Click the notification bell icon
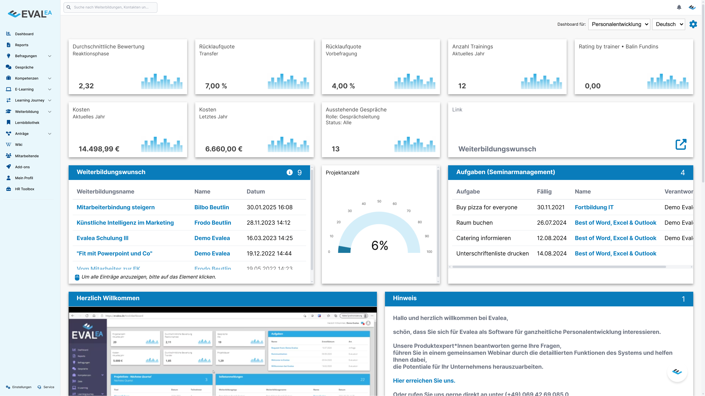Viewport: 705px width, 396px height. click(679, 7)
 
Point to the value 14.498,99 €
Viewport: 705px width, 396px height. click(99, 149)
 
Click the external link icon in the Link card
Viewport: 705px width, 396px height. click(681, 144)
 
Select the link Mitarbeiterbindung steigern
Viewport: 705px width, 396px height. click(116, 207)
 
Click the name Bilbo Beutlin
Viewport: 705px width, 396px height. click(212, 207)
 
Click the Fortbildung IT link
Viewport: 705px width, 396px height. click(594, 207)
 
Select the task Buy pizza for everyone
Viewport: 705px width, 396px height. click(487, 207)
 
